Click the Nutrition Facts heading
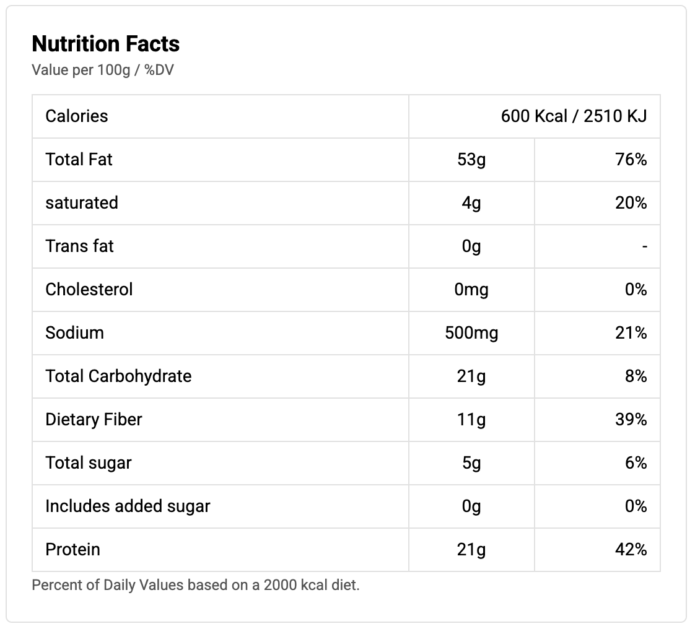pyautogui.click(x=105, y=44)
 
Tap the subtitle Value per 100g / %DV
pyautogui.click(x=102, y=70)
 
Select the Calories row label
pyautogui.click(x=77, y=116)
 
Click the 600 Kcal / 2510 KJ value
pyautogui.click(x=574, y=116)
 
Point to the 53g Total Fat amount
pyautogui.click(x=471, y=160)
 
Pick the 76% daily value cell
pyautogui.click(x=631, y=160)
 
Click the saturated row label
pyautogui.click(x=82, y=203)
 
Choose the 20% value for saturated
pyautogui.click(x=631, y=203)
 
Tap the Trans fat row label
pyautogui.click(x=80, y=246)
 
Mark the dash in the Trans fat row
pyautogui.click(x=644, y=247)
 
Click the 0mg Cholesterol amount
pyautogui.click(x=471, y=290)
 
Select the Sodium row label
pyautogui.click(x=74, y=333)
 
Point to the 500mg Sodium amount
pyautogui.click(x=471, y=333)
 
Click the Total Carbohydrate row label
pyautogui.click(x=118, y=376)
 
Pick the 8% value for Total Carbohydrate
pyautogui.click(x=636, y=376)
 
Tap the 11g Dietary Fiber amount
pyautogui.click(x=471, y=420)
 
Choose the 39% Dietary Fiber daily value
pyautogui.click(x=631, y=420)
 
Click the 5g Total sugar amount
pyautogui.click(x=471, y=463)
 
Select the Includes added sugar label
pyautogui.click(x=128, y=506)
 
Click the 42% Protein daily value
pyautogui.click(x=631, y=550)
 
